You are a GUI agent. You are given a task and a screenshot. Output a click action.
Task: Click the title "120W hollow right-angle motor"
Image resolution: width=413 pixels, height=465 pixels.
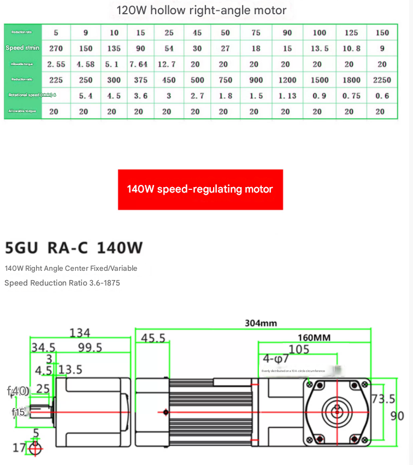[201, 10]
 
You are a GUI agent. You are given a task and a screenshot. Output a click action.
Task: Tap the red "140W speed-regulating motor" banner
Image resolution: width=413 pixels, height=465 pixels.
[200, 189]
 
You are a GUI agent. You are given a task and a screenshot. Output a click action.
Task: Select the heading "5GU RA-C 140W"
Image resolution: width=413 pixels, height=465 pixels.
[74, 248]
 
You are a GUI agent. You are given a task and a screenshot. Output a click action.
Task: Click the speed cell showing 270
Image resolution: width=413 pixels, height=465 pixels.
[56, 48]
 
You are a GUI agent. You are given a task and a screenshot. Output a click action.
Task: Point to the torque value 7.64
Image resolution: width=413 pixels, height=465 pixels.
[138, 64]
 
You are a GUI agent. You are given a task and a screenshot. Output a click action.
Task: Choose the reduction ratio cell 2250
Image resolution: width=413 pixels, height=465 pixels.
[382, 80]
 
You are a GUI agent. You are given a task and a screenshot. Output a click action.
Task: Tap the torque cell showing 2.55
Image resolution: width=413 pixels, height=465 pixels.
[56, 64]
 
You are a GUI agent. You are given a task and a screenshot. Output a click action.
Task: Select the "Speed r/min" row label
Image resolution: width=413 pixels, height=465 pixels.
[22, 48]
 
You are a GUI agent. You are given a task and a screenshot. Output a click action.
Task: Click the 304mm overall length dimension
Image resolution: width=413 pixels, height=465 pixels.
[261, 323]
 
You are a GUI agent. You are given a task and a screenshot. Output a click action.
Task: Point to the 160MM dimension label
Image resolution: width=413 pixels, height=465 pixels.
[314, 338]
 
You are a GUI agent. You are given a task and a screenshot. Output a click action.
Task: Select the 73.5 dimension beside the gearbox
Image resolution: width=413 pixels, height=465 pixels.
[383, 399]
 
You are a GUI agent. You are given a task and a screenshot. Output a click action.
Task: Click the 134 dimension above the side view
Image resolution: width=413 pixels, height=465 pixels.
[79, 333]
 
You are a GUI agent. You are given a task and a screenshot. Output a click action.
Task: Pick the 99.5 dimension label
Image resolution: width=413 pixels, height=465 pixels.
[90, 347]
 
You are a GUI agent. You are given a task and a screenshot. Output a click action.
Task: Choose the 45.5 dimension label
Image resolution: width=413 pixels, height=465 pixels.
[153, 339]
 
